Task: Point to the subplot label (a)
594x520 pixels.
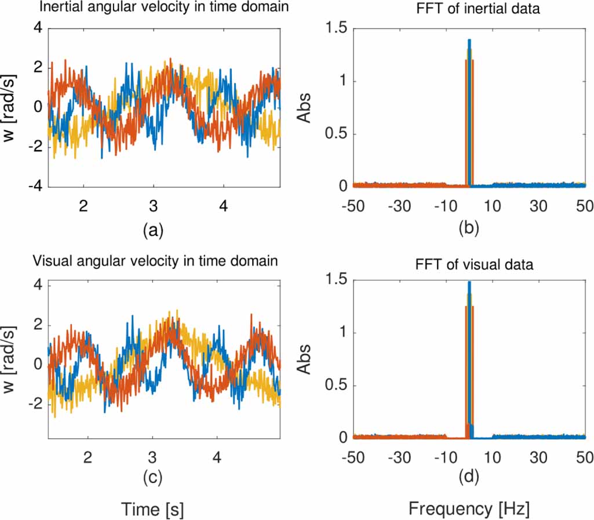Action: (153, 230)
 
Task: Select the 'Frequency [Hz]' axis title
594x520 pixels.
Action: (469, 509)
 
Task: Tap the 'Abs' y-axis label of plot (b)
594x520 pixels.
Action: (307, 107)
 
